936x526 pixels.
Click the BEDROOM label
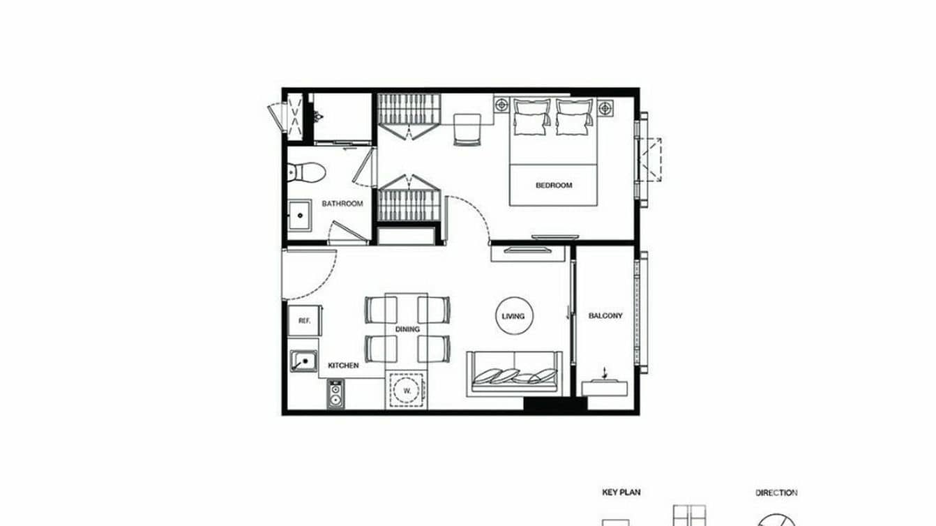point(554,185)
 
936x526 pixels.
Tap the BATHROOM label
point(342,204)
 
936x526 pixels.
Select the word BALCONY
point(605,316)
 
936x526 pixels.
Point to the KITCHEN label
point(344,365)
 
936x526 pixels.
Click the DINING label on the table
point(407,329)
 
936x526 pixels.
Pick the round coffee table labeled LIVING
point(513,316)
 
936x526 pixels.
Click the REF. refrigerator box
point(304,321)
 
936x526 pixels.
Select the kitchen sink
point(303,361)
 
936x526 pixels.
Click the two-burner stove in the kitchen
point(335,394)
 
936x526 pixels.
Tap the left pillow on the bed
point(531,117)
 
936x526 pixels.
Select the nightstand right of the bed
point(605,107)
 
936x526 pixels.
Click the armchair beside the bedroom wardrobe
point(467,129)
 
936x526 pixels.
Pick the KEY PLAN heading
point(621,493)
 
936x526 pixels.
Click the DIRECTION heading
point(776,493)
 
